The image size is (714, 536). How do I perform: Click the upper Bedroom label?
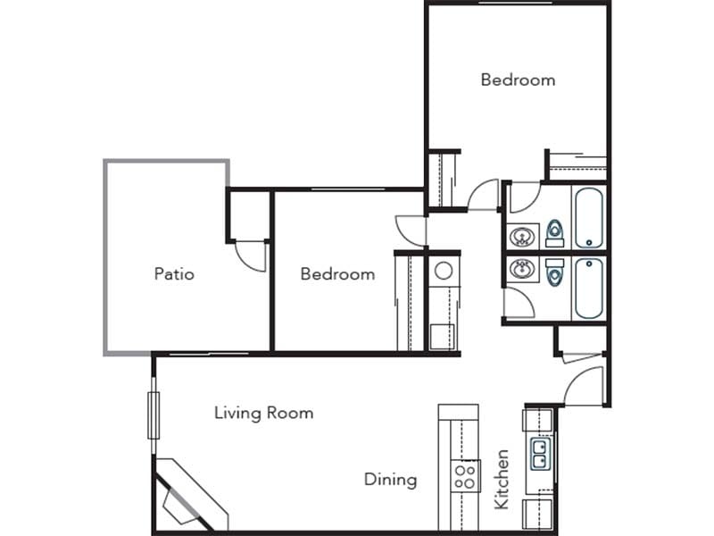[518, 80]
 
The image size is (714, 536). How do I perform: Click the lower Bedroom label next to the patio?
[337, 273]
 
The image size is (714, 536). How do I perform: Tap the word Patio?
[174, 273]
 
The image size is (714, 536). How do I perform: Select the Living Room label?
[263, 413]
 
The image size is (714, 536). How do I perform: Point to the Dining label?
[390, 480]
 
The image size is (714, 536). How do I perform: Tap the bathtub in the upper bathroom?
[589, 217]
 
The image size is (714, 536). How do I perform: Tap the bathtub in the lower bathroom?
[589, 288]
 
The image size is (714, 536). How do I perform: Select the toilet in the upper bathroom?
[555, 233]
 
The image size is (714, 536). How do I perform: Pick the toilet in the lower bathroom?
[555, 272]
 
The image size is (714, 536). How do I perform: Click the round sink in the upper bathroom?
[522, 237]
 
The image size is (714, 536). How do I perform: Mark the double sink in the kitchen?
[540, 454]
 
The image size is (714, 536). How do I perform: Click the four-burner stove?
[465, 474]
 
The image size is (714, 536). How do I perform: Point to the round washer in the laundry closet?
[443, 271]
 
